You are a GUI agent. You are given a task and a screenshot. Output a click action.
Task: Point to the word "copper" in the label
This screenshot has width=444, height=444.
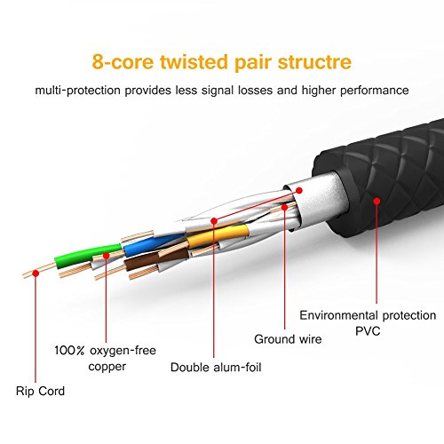coord(108,365)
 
